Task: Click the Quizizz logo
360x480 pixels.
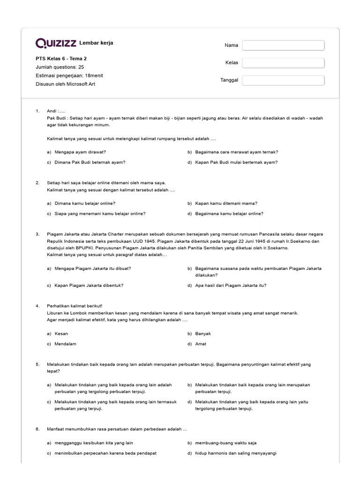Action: tap(56, 43)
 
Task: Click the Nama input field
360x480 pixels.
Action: tap(283, 45)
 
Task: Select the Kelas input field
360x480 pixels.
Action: tap(283, 63)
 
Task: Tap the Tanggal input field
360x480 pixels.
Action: tap(283, 80)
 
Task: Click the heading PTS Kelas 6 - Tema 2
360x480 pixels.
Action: tap(61, 59)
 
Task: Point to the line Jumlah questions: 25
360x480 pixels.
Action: tap(60, 67)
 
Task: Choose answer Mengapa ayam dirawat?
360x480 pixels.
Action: tap(80, 152)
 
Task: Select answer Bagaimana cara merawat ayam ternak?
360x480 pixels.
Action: tap(236, 152)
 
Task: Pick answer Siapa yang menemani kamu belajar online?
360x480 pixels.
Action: tap(100, 213)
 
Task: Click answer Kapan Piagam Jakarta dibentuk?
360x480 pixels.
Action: tap(89, 285)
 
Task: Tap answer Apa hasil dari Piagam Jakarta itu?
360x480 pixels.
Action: tap(231, 285)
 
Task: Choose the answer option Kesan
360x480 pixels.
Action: tap(62, 333)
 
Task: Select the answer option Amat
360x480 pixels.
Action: tap(201, 344)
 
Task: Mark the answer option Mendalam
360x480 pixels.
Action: tap(66, 344)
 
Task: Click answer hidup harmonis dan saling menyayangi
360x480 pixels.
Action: tap(236, 453)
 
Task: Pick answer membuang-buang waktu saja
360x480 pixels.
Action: tap(225, 442)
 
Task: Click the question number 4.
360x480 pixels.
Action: tap(37, 306)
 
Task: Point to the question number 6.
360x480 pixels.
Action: tap(37, 429)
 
